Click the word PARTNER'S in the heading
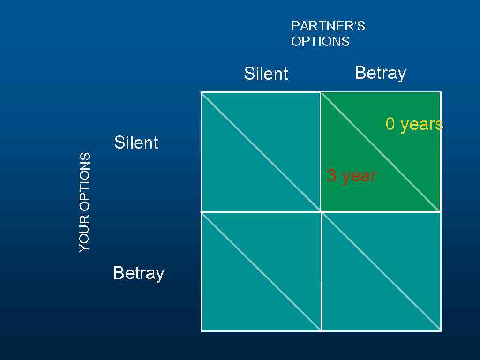(328, 26)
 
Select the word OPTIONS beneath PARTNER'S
(320, 42)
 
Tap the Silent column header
(266, 74)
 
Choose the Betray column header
(380, 73)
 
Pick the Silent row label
(136, 142)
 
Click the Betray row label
(139, 273)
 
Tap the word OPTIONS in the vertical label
(84, 187)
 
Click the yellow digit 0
(390, 124)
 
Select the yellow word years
(422, 124)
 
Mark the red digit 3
(332, 176)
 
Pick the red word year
(359, 177)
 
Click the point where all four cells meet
(321, 212)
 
